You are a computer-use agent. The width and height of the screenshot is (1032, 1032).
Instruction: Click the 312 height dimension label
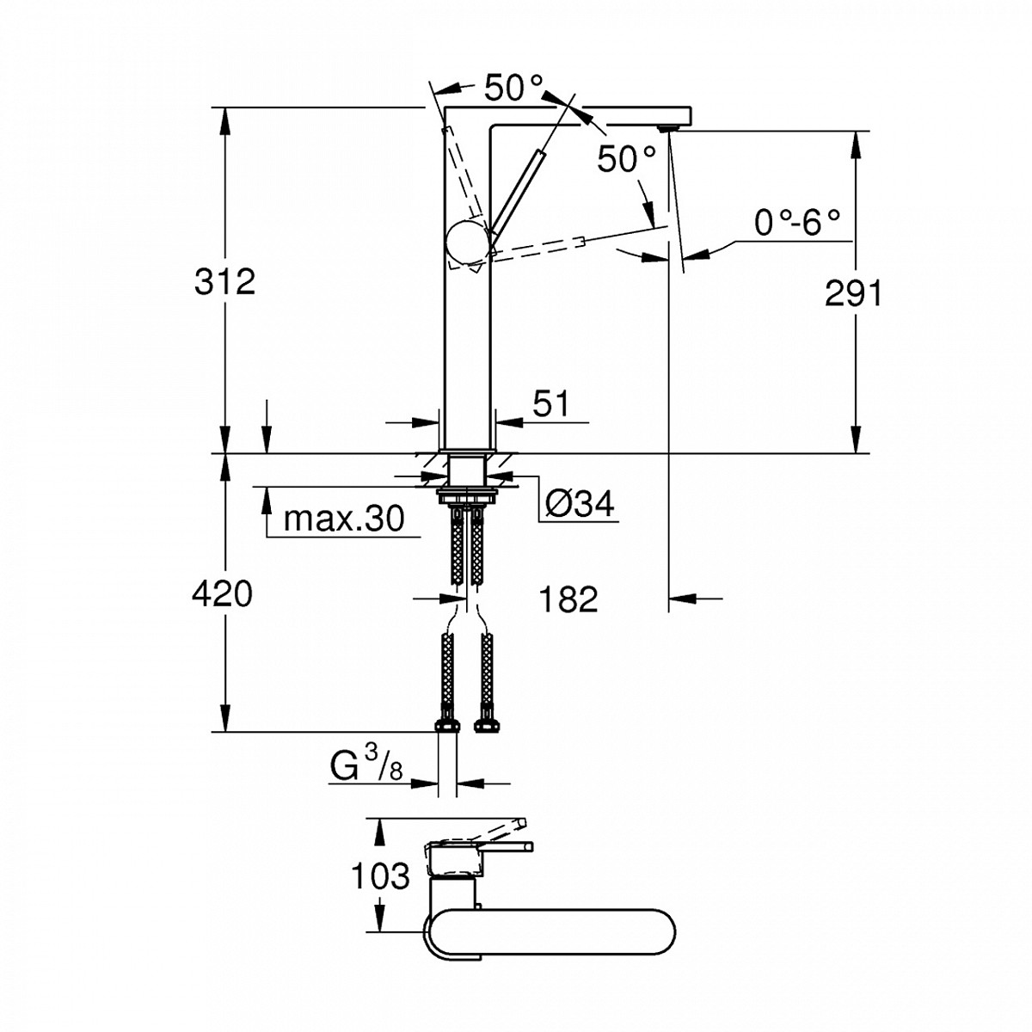(x=224, y=281)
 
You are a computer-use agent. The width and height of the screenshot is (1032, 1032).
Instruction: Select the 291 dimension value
(x=853, y=294)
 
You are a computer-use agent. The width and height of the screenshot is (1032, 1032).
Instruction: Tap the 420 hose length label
(x=223, y=593)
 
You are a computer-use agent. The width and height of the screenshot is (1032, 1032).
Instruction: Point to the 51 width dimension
(x=550, y=402)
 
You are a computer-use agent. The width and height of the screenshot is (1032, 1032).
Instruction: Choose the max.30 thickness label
(x=343, y=519)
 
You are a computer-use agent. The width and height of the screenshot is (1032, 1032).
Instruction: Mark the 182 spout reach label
(x=569, y=599)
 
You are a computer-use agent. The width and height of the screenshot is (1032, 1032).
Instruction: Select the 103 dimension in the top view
(x=379, y=877)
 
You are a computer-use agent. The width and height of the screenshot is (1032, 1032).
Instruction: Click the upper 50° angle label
(x=513, y=88)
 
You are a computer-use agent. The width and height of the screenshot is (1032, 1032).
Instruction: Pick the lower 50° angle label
(x=627, y=159)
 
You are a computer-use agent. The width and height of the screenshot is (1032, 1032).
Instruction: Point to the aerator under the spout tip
(x=667, y=128)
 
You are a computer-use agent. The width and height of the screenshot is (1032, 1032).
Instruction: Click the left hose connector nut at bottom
(x=446, y=722)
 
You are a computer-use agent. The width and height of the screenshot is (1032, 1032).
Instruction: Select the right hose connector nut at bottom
(x=487, y=722)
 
